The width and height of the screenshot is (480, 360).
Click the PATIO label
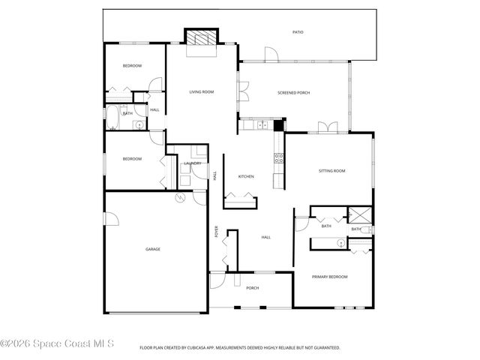(x=298, y=32)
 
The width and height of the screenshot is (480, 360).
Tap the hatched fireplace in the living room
(x=201, y=38)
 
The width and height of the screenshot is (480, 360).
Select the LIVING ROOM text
(x=202, y=91)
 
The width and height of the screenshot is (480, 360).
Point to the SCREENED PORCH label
(x=293, y=92)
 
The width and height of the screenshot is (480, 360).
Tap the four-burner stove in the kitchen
(x=279, y=158)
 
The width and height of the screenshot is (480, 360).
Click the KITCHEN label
(x=246, y=176)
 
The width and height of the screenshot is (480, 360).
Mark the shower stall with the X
(x=360, y=214)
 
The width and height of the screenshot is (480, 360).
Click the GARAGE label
(x=153, y=249)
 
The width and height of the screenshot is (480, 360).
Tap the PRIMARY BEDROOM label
(x=330, y=277)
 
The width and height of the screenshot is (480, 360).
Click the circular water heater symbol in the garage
(x=180, y=198)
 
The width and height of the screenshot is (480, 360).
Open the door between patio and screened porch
(x=271, y=57)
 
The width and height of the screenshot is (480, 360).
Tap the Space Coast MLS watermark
(x=57, y=344)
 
